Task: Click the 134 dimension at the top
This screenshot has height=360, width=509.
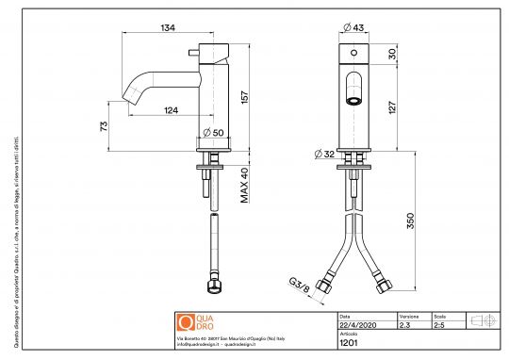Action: (x=168, y=28)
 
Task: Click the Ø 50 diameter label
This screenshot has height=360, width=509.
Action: (x=214, y=132)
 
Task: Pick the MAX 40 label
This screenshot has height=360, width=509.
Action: (x=243, y=185)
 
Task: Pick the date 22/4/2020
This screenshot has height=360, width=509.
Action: (x=355, y=325)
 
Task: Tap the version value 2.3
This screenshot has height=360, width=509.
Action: (x=406, y=325)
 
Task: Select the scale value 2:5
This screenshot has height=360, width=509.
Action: (x=439, y=325)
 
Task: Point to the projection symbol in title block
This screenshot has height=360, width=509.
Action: (x=482, y=320)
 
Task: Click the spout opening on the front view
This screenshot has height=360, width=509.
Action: (x=354, y=98)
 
